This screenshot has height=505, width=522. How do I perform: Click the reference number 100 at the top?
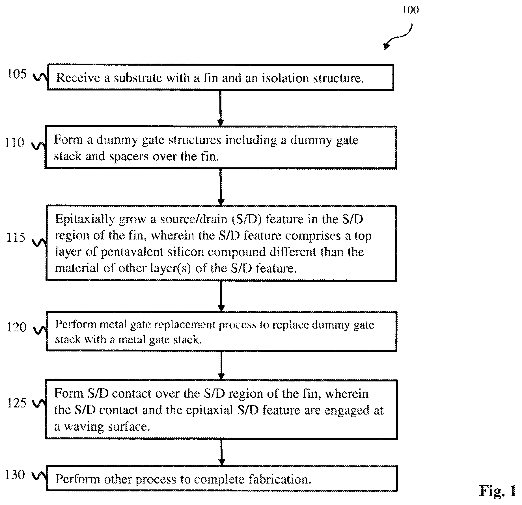point(411,10)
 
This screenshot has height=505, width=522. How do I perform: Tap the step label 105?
point(17,74)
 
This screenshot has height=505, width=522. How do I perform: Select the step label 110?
point(15,143)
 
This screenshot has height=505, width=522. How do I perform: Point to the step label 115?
point(16,237)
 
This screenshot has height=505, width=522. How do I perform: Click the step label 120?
point(16,327)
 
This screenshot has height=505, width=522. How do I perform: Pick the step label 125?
point(17,403)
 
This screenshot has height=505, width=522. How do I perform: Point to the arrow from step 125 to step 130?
point(222,452)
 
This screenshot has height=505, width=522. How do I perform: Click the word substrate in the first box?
point(138,78)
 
